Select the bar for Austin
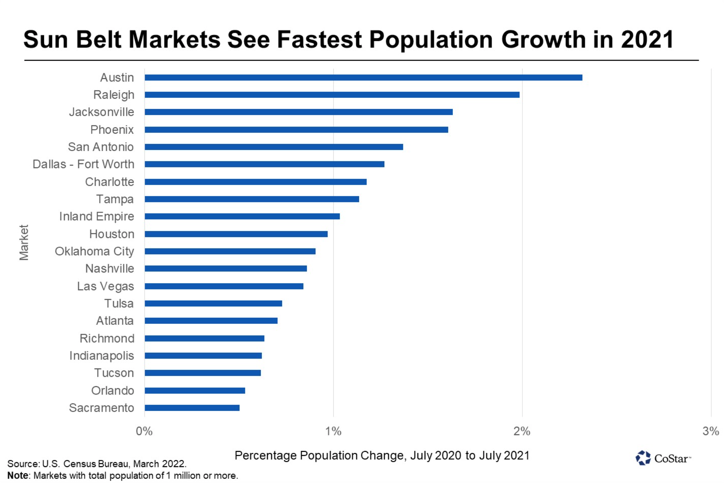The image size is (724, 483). pyautogui.click(x=363, y=77)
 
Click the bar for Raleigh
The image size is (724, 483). pyautogui.click(x=332, y=95)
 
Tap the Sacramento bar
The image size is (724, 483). pyautogui.click(x=192, y=408)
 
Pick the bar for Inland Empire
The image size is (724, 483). pyautogui.click(x=242, y=217)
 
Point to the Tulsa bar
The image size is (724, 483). pyautogui.click(x=213, y=304)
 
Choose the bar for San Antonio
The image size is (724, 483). pyautogui.click(x=274, y=147)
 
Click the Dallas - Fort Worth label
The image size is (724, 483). pyautogui.click(x=83, y=164)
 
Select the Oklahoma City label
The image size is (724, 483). pyautogui.click(x=94, y=252)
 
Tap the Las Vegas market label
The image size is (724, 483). pyautogui.click(x=105, y=286)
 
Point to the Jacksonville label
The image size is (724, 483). pyautogui.click(x=101, y=112)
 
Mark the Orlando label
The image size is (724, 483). pyautogui.click(x=112, y=391)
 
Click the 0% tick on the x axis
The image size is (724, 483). pyautogui.click(x=144, y=431)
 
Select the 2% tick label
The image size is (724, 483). pyautogui.click(x=522, y=431)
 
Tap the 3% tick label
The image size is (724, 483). pyautogui.click(x=711, y=431)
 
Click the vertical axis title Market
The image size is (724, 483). pyautogui.click(x=24, y=242)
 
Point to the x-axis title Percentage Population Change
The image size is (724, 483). pyautogui.click(x=382, y=455)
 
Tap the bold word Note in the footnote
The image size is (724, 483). pyautogui.click(x=17, y=476)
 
